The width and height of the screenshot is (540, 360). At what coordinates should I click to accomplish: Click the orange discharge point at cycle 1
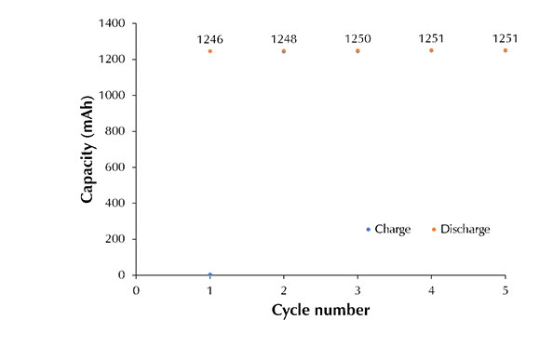click(210, 51)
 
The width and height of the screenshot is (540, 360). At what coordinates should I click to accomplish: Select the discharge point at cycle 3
click(358, 50)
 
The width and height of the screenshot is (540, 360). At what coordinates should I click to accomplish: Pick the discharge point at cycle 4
click(431, 50)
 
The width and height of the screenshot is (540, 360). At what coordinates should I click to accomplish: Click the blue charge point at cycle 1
click(210, 274)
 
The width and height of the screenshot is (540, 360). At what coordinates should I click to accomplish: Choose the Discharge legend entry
click(464, 229)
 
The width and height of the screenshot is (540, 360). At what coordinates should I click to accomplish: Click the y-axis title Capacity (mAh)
click(88, 149)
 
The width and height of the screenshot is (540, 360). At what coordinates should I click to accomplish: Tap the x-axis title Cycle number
click(320, 310)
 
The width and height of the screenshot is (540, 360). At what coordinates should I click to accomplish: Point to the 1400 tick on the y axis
click(111, 23)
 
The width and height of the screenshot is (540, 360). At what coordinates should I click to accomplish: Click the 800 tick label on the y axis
click(115, 131)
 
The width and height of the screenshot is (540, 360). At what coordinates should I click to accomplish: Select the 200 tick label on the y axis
click(115, 239)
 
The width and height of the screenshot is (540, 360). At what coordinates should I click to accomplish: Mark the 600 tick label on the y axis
click(115, 167)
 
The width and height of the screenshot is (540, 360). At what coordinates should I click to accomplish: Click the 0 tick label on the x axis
click(137, 289)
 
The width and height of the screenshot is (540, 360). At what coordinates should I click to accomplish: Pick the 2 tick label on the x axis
click(284, 289)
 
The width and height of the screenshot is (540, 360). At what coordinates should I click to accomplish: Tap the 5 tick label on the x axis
click(506, 289)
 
